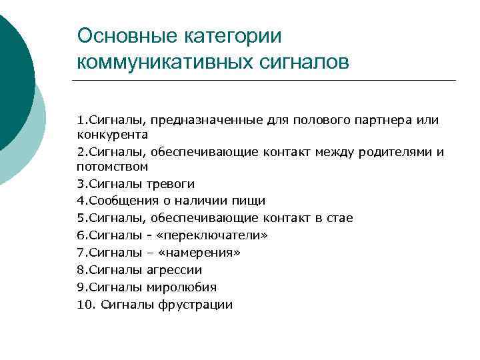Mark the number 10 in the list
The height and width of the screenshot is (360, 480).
tap(85, 305)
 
